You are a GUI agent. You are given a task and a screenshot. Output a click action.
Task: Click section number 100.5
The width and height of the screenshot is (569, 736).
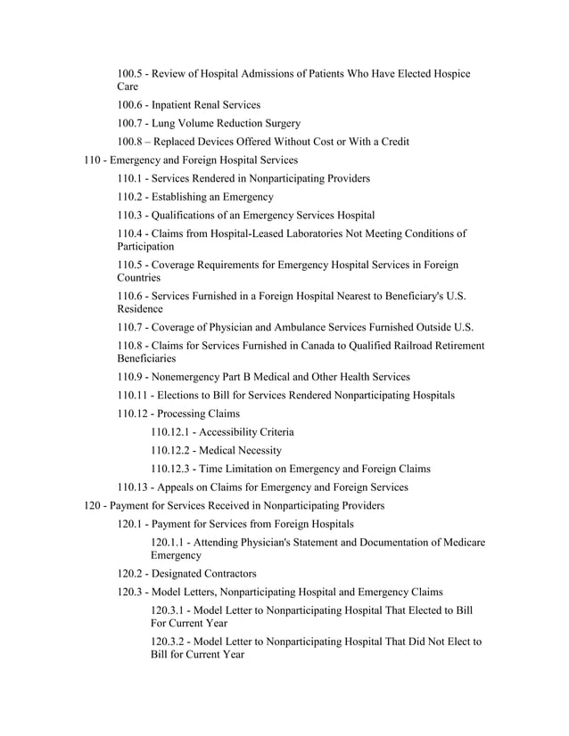(x=132, y=74)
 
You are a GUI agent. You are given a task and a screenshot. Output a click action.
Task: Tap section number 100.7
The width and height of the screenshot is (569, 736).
(x=132, y=124)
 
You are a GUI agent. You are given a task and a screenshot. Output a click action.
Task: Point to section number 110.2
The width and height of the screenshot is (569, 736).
(x=132, y=197)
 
